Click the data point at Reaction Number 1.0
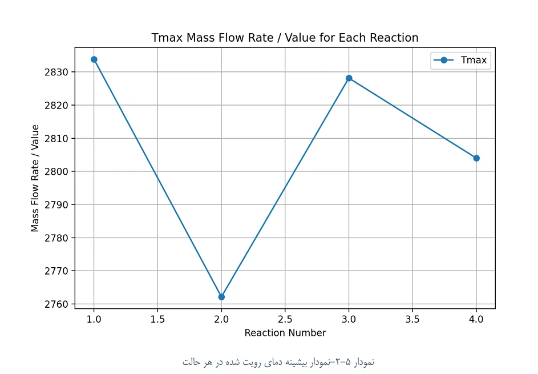point(94,59)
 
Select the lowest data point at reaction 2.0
point(221,297)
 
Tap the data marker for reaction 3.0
point(349,78)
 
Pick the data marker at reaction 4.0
point(476,158)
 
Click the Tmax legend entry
point(460,61)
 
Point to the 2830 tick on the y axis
point(56,72)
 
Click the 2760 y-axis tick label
point(56,304)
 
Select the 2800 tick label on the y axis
point(56,171)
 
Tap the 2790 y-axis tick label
point(56,204)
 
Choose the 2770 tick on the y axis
point(56,271)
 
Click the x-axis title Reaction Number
point(285,333)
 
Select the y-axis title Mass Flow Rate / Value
point(35,178)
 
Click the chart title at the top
point(285,38)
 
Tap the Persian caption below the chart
point(278,362)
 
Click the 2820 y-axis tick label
point(56,105)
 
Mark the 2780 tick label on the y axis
point(56,238)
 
